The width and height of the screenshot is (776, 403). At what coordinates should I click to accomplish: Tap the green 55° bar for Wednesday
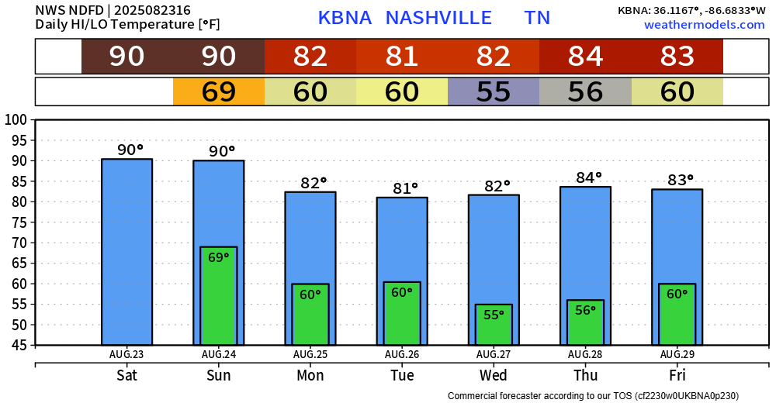[x=494, y=325]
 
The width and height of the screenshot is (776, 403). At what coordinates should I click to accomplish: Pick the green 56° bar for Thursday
[x=585, y=322]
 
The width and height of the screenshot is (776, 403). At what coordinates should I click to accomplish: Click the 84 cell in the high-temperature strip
[x=585, y=57]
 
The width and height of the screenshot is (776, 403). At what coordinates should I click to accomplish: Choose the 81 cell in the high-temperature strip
[x=402, y=57]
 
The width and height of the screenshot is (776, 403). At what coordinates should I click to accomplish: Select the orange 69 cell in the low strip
[x=219, y=91]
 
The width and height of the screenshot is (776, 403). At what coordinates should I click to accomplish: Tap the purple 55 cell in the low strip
[x=494, y=91]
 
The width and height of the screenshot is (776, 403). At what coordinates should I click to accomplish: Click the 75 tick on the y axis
[x=17, y=222]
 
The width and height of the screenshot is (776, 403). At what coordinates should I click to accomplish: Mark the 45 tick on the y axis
[x=17, y=346]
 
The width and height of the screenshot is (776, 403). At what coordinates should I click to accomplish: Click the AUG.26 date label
[x=402, y=354]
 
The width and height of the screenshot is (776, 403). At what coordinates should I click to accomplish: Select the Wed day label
[x=494, y=376]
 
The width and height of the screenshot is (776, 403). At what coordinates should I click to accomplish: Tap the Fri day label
[x=677, y=376]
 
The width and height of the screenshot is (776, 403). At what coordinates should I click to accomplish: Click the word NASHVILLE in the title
[x=438, y=18]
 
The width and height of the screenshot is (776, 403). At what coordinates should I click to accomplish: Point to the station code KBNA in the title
[x=345, y=18]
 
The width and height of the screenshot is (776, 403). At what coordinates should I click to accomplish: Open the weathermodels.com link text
[x=704, y=25]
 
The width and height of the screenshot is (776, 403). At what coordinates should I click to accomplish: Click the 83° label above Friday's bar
[x=681, y=181]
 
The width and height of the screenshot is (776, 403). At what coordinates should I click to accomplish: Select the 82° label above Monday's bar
[x=314, y=184]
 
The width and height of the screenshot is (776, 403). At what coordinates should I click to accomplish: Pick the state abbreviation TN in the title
[x=537, y=18]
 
